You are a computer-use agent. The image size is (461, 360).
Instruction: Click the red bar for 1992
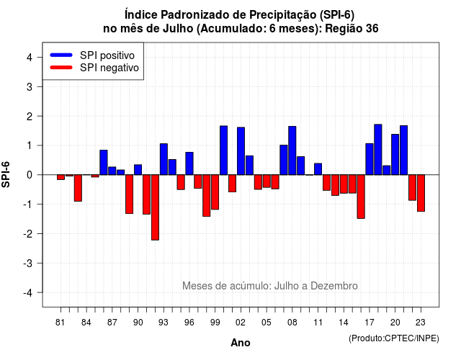click(156, 207)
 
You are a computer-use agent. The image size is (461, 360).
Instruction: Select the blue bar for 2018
click(378, 150)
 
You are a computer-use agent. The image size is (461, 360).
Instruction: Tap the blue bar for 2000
click(224, 150)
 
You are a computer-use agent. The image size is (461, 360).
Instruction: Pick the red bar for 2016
click(361, 197)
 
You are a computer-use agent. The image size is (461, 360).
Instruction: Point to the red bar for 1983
click(78, 188)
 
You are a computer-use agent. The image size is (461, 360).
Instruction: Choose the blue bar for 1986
click(104, 163)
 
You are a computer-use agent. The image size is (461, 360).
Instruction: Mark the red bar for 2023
click(421, 193)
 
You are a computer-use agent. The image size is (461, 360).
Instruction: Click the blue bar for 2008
click(292, 150)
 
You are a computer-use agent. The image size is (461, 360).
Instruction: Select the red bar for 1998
click(207, 196)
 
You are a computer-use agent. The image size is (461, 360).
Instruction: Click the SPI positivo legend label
click(107, 55)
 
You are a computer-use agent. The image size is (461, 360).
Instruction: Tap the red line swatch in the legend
click(61, 68)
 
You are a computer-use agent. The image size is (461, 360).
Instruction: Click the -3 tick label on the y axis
click(28, 263)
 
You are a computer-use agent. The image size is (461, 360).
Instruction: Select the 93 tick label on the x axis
click(164, 323)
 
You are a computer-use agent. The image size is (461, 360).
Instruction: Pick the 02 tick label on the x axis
click(241, 323)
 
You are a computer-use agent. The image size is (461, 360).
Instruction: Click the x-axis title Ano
click(241, 343)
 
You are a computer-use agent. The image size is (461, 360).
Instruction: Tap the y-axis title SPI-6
click(6, 174)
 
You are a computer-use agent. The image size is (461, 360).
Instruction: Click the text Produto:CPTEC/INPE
click(394, 338)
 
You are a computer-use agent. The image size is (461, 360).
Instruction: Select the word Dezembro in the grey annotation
click(334, 286)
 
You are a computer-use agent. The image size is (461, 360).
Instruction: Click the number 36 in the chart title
click(372, 29)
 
